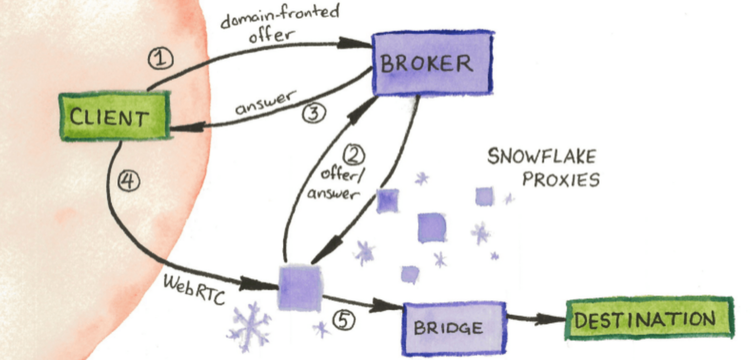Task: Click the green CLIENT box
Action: [x=115, y=116]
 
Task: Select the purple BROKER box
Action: [x=433, y=63]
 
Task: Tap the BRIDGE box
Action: [x=454, y=329]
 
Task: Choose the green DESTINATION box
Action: [x=650, y=318]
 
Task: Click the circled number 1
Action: [x=161, y=59]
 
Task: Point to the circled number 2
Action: [x=354, y=155]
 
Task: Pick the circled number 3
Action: [x=314, y=113]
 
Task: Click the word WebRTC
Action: [x=194, y=290]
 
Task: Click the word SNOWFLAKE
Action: [x=542, y=157]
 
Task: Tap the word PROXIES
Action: [x=561, y=180]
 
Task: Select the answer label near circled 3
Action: [x=266, y=102]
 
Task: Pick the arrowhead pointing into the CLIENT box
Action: [x=187, y=128]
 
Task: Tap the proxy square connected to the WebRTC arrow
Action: [x=300, y=288]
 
